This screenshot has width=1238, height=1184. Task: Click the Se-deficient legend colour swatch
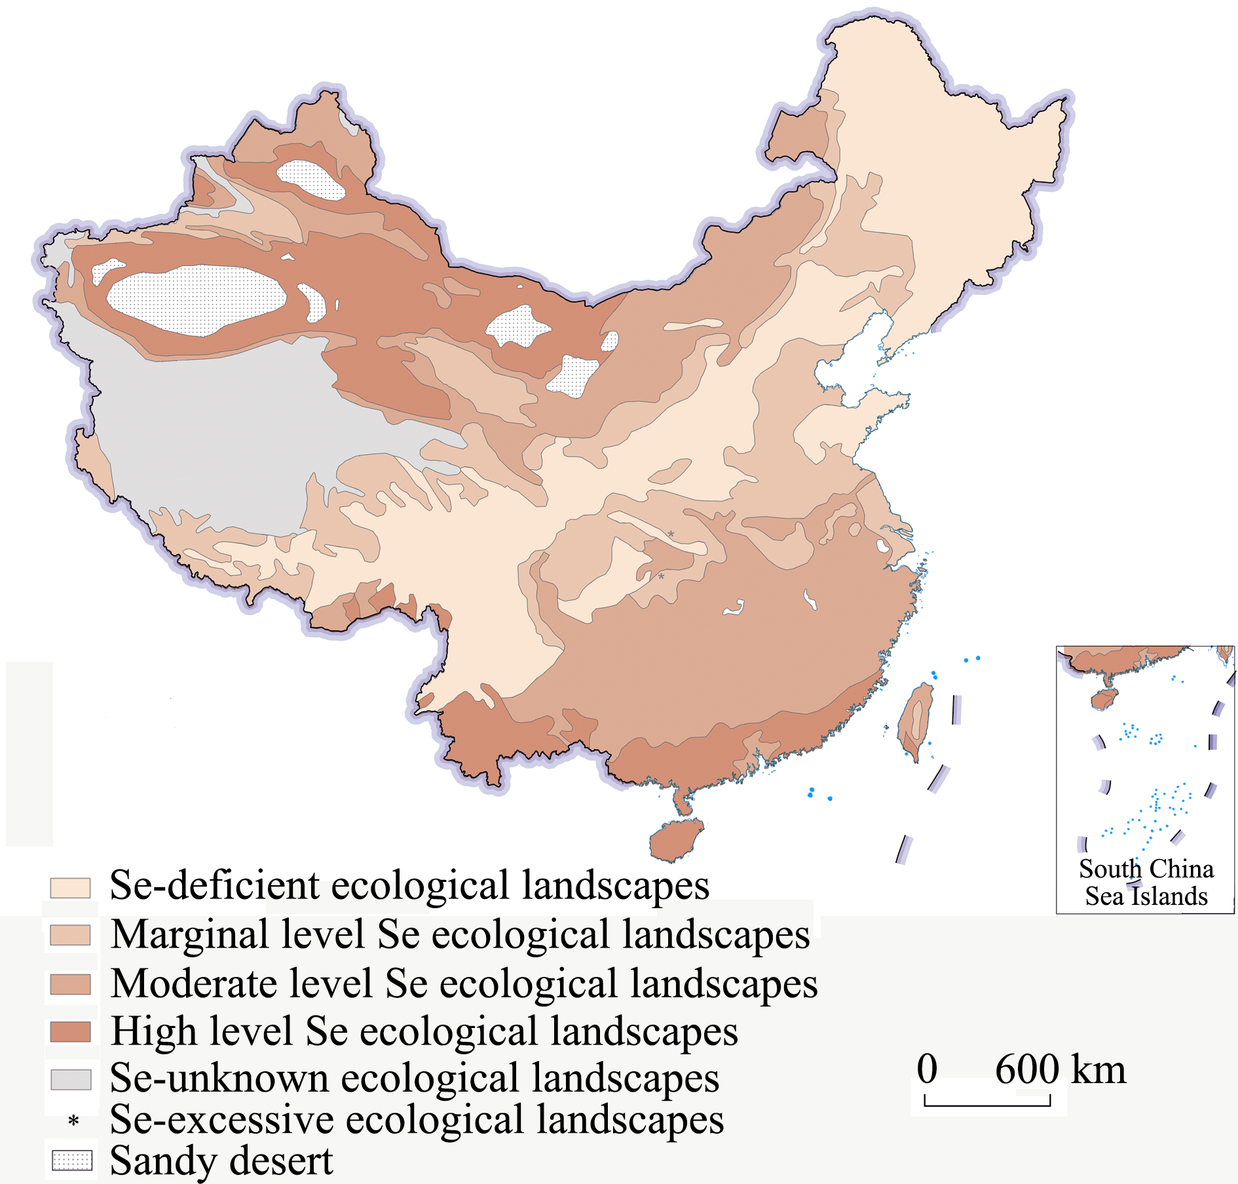(x=70, y=888)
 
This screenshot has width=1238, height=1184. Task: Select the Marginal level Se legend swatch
(x=70, y=935)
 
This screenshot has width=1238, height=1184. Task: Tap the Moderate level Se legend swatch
(x=70, y=984)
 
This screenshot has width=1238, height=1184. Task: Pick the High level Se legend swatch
(x=70, y=1031)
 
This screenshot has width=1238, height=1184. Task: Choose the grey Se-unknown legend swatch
(x=71, y=1079)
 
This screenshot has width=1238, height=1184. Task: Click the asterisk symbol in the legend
(x=73, y=1121)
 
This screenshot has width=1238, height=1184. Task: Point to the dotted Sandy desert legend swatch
(x=71, y=1161)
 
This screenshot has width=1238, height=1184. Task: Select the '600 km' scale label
(x=1060, y=1069)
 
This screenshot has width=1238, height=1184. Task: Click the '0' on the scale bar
(x=927, y=1069)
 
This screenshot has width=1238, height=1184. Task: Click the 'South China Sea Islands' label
(x=1146, y=883)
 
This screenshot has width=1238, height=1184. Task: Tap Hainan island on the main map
(x=675, y=840)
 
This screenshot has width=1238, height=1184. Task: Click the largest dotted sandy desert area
(x=197, y=299)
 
